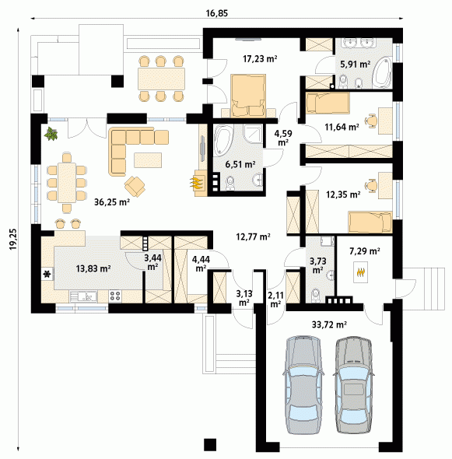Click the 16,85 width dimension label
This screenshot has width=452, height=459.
coord(216,13)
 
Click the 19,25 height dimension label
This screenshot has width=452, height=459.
coord(13,239)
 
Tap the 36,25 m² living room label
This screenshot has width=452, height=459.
coord(112,201)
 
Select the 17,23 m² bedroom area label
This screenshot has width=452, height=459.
coord(260,58)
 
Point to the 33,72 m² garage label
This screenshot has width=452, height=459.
coord(329,324)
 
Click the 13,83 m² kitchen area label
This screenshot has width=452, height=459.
coord(93,268)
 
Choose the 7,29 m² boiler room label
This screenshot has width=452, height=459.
coord(365,251)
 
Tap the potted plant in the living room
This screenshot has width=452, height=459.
coord(51,134)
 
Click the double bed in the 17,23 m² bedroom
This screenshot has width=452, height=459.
coord(248,96)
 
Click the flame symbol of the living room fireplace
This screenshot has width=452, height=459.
coord(196,182)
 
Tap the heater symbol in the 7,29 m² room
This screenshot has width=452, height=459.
coord(361,272)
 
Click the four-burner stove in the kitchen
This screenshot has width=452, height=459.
coord(115,296)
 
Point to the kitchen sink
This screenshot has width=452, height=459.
coord(84,296)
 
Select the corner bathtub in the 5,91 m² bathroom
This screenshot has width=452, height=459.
coord(382,72)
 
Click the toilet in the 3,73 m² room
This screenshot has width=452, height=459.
coord(315,295)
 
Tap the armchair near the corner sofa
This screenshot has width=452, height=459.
coord(135,186)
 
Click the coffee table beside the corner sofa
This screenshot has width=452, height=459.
coord(148,160)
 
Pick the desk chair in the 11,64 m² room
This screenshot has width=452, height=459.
coord(371,121)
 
